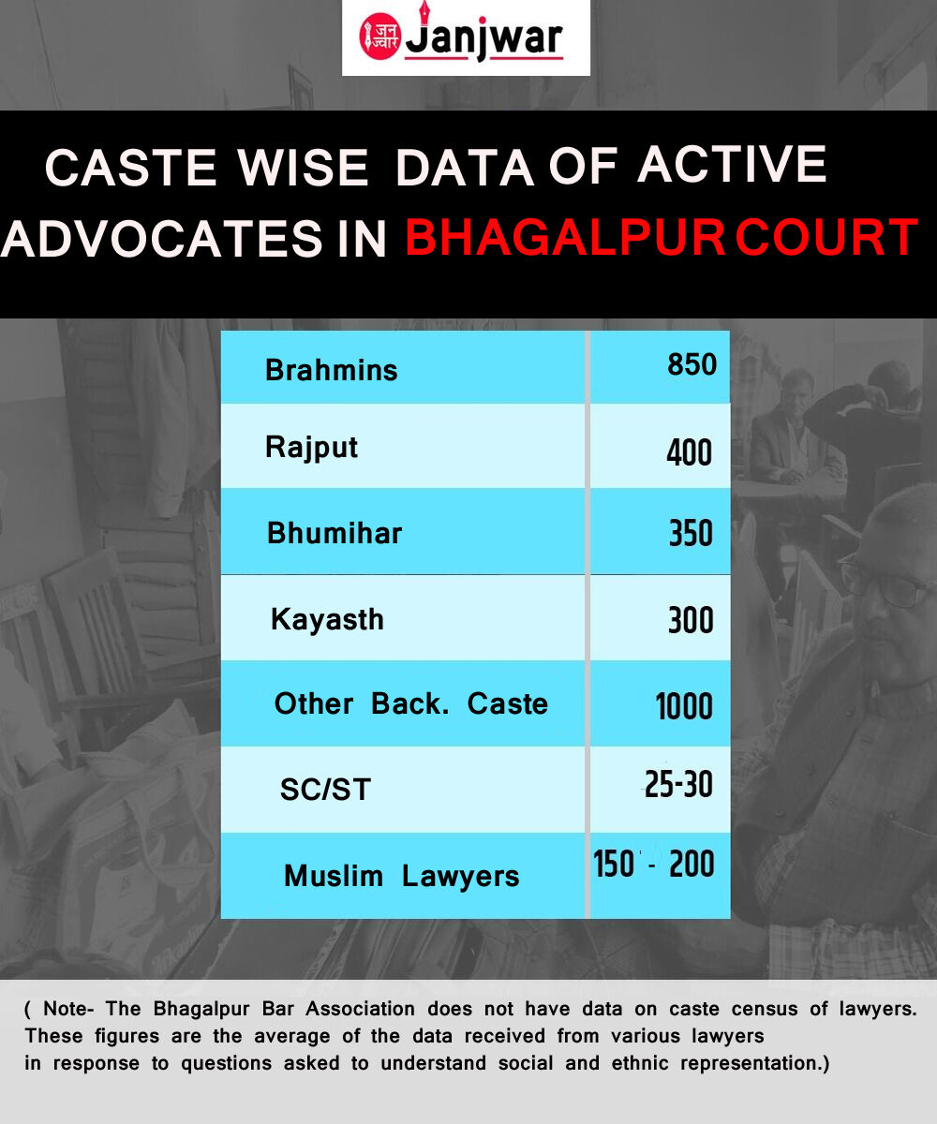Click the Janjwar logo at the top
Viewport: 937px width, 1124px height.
(x=466, y=37)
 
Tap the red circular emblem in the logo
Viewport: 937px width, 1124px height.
(x=379, y=37)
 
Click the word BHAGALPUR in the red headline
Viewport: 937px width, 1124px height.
(x=565, y=237)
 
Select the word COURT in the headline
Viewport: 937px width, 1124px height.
(x=826, y=237)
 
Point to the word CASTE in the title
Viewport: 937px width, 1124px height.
(x=131, y=168)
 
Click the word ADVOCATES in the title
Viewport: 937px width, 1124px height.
(x=161, y=238)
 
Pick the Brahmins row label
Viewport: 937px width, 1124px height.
(x=331, y=370)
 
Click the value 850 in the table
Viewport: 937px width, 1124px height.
(x=692, y=364)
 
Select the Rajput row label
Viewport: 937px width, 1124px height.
(x=311, y=448)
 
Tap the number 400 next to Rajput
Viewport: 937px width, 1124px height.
(x=690, y=452)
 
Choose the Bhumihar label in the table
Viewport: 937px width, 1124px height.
(x=335, y=534)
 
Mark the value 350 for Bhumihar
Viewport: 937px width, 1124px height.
(x=691, y=534)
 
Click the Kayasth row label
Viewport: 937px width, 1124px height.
(x=327, y=619)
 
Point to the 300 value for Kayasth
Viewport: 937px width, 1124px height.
(x=691, y=620)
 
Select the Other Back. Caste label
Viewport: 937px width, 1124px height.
(x=411, y=703)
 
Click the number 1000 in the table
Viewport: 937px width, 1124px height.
(x=684, y=706)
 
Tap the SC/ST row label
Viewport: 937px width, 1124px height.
(x=325, y=790)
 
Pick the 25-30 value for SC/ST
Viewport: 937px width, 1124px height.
(x=678, y=784)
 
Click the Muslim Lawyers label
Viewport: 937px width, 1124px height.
(x=402, y=877)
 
